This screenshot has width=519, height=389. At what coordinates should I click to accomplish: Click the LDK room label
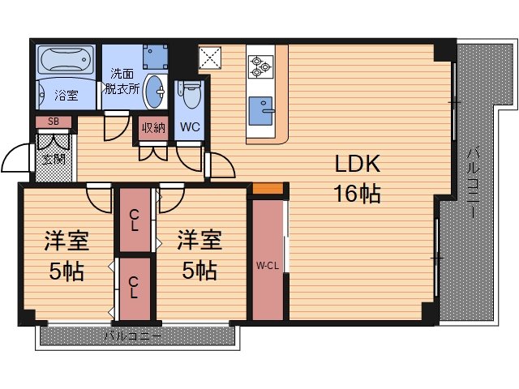pyautogui.click(x=358, y=165)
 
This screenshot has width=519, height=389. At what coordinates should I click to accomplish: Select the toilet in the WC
pyautogui.click(x=190, y=96)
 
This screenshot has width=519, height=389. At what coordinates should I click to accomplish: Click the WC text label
pyautogui.click(x=190, y=127)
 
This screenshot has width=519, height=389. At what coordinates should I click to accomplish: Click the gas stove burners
pyautogui.click(x=261, y=66)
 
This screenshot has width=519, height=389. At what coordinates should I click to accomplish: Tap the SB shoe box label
pyautogui.click(x=54, y=122)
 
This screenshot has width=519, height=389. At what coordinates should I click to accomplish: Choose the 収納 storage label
pyautogui.click(x=153, y=127)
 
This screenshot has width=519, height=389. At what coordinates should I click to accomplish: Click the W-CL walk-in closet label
pyautogui.click(x=267, y=265)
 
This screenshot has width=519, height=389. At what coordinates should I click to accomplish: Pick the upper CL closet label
pyautogui.click(x=135, y=219)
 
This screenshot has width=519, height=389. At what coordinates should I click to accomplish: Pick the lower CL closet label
pyautogui.click(x=135, y=287)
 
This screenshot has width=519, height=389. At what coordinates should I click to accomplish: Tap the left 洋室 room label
pyautogui.click(x=66, y=241)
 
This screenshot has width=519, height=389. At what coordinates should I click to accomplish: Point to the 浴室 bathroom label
pyautogui.click(x=66, y=96)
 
